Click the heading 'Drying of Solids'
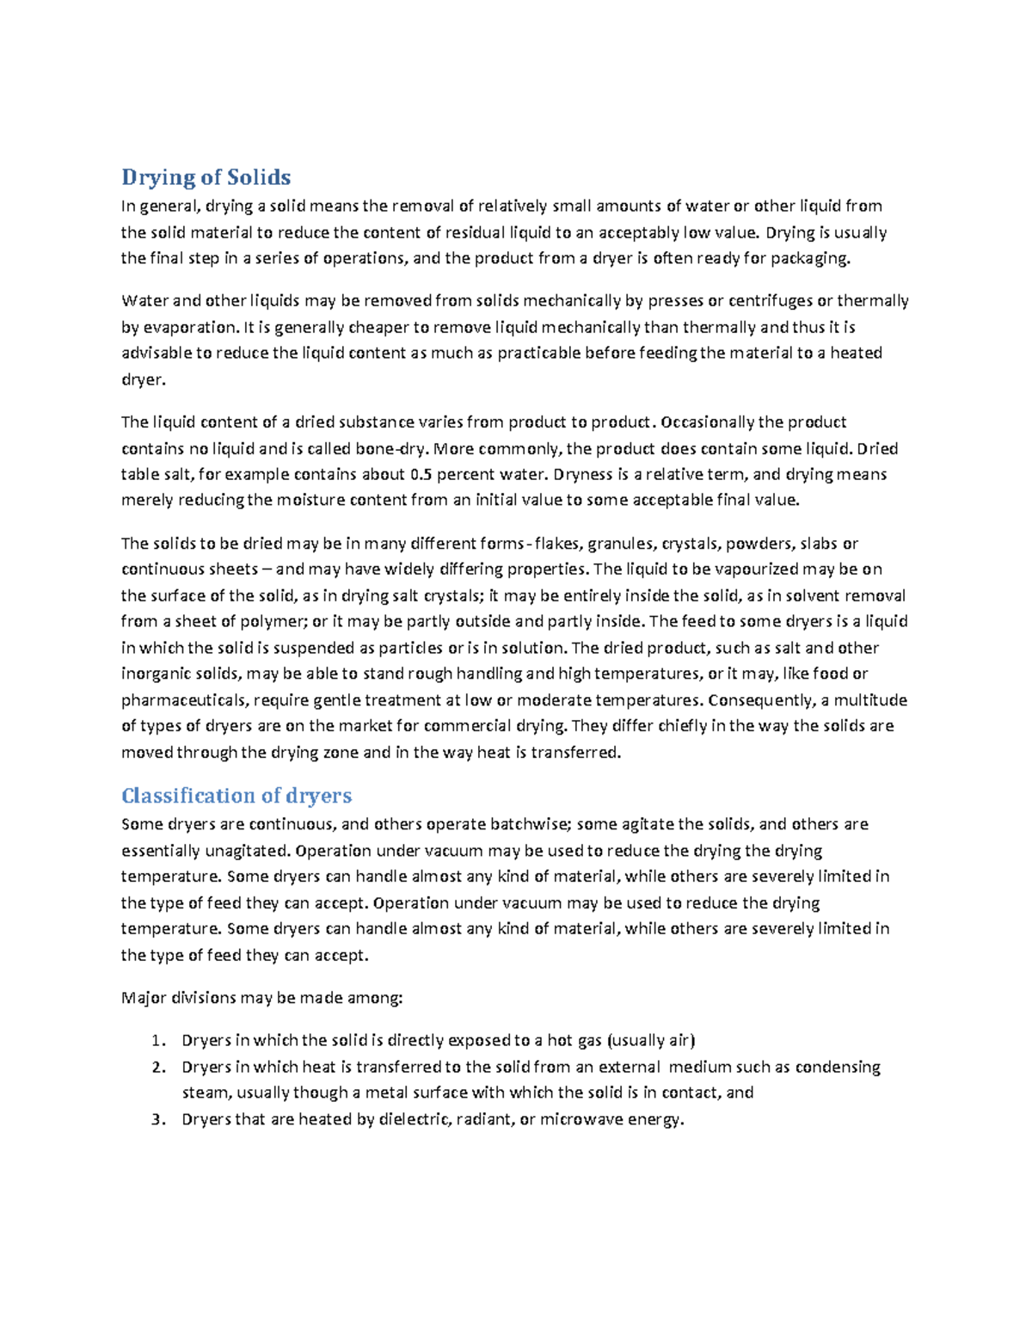click(206, 177)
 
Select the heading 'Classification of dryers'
click(236, 795)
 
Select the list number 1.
click(157, 1041)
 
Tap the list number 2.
click(157, 1067)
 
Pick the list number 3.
click(157, 1119)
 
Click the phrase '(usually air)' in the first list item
click(651, 1041)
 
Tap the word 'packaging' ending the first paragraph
click(809, 258)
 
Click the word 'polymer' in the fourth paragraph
click(279, 621)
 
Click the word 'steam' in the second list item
click(206, 1093)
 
